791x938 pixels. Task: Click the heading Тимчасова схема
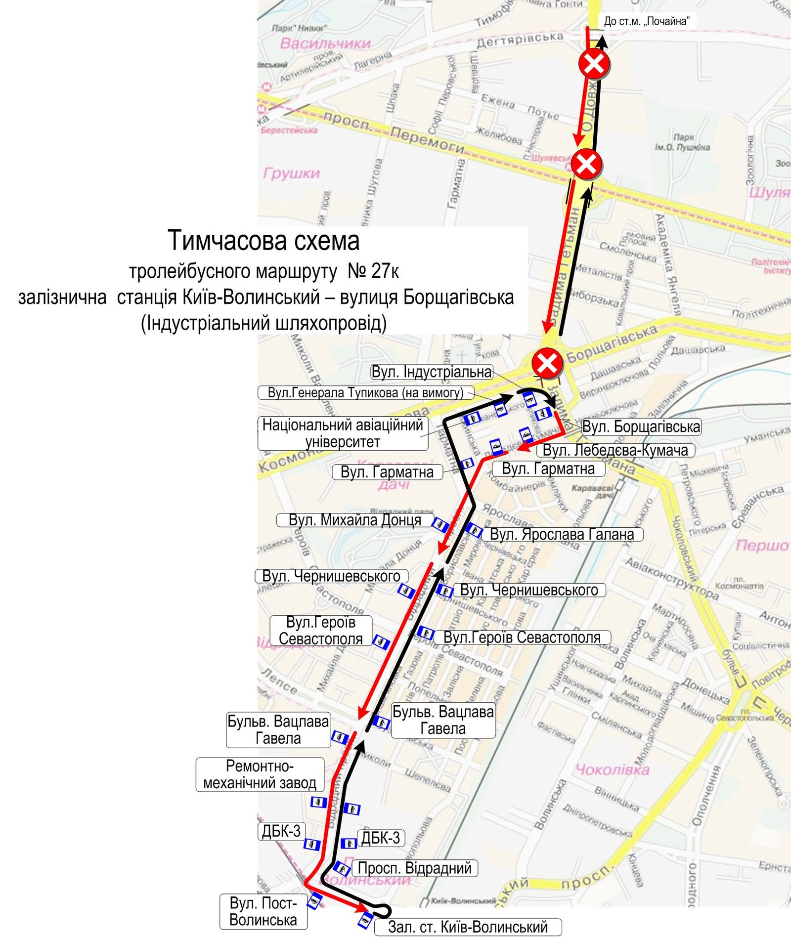(264, 241)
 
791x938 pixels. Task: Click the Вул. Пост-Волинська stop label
(263, 911)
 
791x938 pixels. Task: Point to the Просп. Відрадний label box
(414, 868)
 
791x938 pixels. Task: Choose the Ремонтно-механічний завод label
(260, 774)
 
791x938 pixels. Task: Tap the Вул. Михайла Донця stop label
(354, 520)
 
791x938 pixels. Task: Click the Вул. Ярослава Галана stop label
(562, 534)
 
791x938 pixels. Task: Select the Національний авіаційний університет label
(343, 433)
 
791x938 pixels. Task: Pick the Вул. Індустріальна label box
(431, 372)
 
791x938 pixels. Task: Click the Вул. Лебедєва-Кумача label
(615, 450)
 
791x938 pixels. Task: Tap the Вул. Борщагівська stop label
(641, 426)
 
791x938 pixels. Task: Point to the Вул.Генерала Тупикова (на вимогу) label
(365, 393)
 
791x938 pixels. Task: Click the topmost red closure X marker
(594, 63)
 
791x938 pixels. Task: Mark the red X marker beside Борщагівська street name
(547, 364)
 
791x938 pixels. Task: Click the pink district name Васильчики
(325, 43)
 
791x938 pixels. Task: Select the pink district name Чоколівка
(612, 769)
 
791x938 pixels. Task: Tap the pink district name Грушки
(292, 173)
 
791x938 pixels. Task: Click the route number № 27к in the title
(373, 271)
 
